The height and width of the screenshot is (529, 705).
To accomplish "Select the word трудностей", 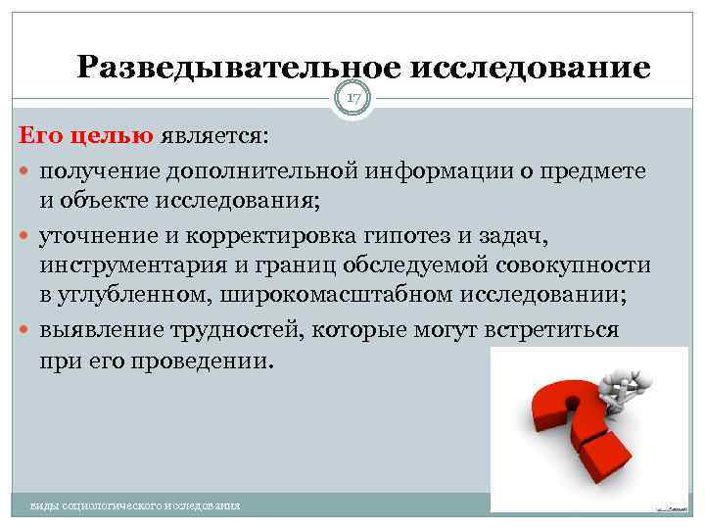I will tap(231, 329).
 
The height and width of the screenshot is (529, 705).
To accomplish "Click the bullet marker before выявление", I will tap(26, 330).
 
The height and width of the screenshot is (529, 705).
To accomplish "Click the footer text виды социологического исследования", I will tap(135, 505).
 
